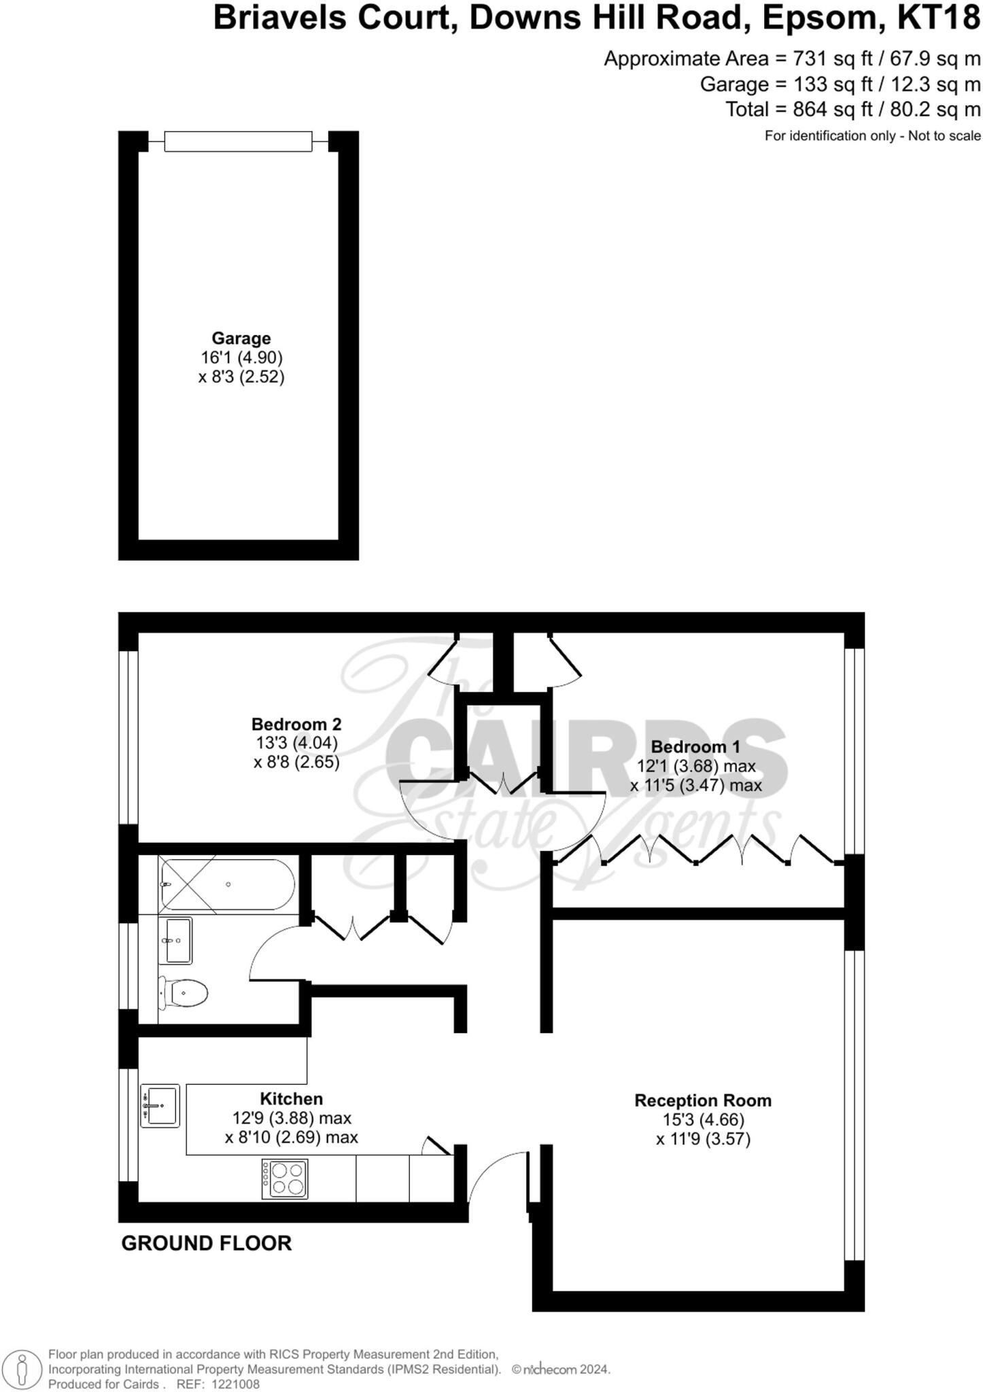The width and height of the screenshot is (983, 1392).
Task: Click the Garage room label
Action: pos(241,338)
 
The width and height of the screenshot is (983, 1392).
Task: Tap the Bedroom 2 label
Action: pos(296,724)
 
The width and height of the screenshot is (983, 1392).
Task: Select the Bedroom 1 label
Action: pos(695,747)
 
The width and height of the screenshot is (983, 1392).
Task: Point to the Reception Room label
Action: pos(703,1100)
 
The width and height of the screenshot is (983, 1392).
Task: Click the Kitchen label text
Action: pos(291,1099)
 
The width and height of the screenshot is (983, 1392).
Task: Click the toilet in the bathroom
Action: pos(184,994)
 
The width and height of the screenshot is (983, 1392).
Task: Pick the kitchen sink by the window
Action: pos(160,1106)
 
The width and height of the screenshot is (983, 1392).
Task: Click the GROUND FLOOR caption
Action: pos(206,1243)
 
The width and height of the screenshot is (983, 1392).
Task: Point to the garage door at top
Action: pos(238,141)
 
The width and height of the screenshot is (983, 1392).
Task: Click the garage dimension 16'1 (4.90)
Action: pos(241,358)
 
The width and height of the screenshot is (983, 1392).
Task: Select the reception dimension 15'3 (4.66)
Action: pos(703,1119)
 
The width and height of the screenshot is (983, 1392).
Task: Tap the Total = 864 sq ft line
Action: pos(852,109)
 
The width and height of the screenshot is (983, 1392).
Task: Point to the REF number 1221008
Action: pos(235,1385)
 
